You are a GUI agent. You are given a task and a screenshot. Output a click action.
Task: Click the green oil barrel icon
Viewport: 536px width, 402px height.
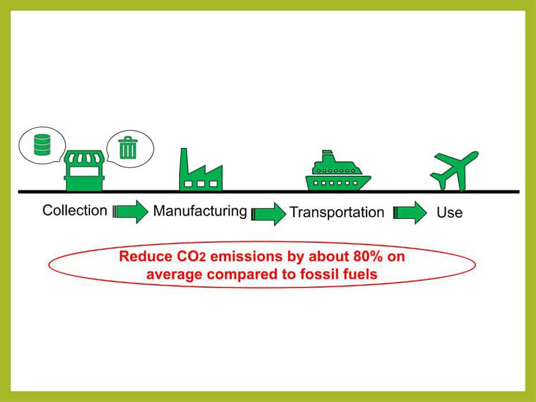click(x=43, y=145)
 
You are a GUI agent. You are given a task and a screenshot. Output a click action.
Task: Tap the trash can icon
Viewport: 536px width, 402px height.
click(x=128, y=147)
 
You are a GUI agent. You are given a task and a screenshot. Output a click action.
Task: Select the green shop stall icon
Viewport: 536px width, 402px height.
click(x=84, y=170)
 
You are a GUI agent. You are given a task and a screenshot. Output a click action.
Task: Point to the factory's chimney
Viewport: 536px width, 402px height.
click(x=184, y=161)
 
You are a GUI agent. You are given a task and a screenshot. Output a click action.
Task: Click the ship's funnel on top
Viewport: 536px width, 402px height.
click(x=327, y=155)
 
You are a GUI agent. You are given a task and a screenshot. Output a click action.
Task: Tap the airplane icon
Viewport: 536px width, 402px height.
click(x=454, y=170)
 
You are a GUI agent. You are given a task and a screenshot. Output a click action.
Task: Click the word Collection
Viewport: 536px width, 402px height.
click(x=75, y=210)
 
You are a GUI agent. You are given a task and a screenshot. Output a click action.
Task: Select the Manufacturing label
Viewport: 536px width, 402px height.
click(x=200, y=211)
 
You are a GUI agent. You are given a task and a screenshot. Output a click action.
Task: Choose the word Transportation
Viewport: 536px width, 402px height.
click(x=337, y=212)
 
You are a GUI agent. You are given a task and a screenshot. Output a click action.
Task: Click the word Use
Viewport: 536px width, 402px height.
click(x=450, y=213)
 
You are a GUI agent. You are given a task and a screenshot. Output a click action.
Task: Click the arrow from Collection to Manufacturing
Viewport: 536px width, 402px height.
click(x=130, y=212)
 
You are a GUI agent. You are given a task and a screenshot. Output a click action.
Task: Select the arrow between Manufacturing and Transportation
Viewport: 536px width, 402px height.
click(x=269, y=214)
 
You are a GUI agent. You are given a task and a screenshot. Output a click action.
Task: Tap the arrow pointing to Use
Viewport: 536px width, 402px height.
click(x=410, y=213)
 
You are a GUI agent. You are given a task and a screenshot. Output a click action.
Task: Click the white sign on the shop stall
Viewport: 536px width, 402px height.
click(x=84, y=172)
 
